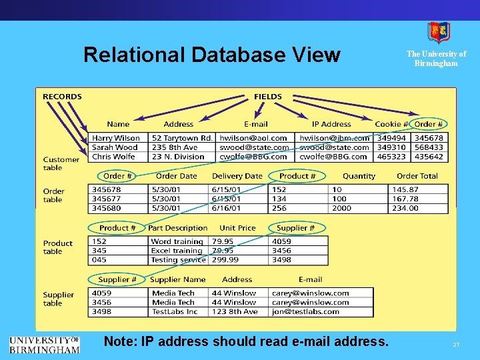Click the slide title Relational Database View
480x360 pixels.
[x=211, y=55]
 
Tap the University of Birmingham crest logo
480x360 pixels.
[x=438, y=32]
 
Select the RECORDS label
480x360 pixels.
[x=62, y=97]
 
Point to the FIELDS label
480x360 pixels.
[x=268, y=97]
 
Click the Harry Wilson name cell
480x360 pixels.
[x=116, y=138]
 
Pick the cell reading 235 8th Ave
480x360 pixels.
[x=175, y=147]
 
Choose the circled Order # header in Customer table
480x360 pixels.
[x=428, y=124]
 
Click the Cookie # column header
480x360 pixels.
[x=391, y=124]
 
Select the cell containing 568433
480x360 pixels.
[x=428, y=147]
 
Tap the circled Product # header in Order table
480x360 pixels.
[x=297, y=176]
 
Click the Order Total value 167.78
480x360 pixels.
[x=405, y=199]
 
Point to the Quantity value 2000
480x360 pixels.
[x=341, y=208]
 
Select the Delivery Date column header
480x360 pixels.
[x=237, y=176]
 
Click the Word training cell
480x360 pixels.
[x=177, y=241]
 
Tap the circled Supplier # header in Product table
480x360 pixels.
[x=291, y=228]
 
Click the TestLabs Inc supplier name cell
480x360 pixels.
[x=175, y=311]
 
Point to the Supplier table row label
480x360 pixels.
[x=59, y=299]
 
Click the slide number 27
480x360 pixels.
[x=456, y=344]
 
